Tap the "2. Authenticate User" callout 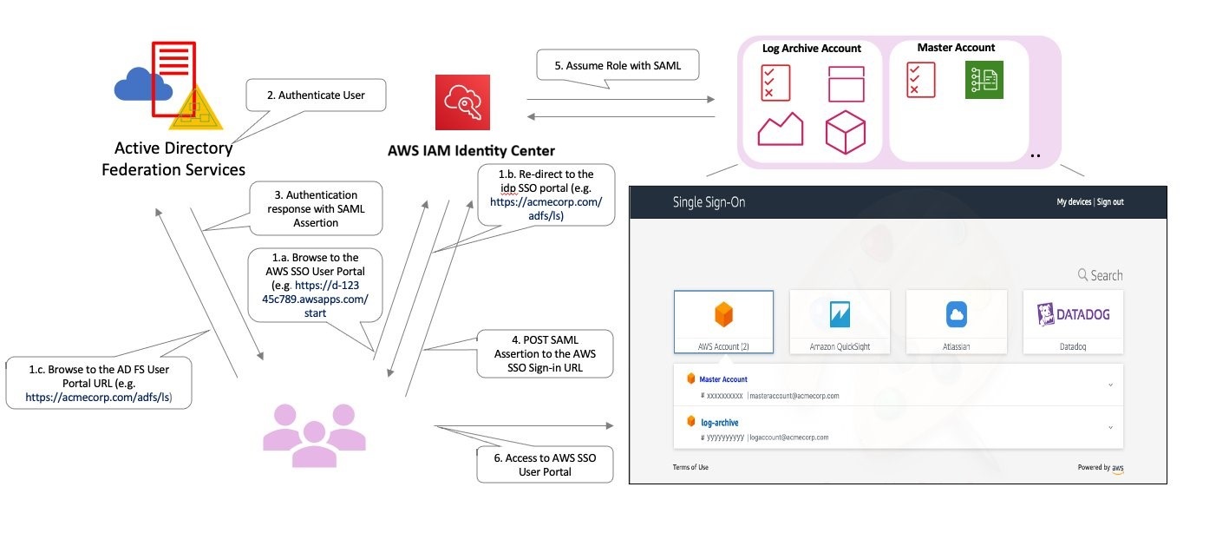[315, 95]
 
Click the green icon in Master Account [984, 80]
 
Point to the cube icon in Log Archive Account [845, 132]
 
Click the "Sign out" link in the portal [1110, 202]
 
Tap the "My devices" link [1074, 202]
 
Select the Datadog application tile [1073, 321]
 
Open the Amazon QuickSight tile [840, 321]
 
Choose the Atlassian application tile [956, 321]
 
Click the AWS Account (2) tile [723, 321]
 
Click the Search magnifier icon [1082, 275]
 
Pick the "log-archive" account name [720, 423]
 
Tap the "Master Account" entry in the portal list [723, 379]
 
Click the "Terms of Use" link [690, 467]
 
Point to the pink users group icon [309, 434]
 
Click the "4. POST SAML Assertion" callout [545, 353]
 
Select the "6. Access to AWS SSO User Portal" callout [545, 464]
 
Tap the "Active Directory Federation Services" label [173, 159]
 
